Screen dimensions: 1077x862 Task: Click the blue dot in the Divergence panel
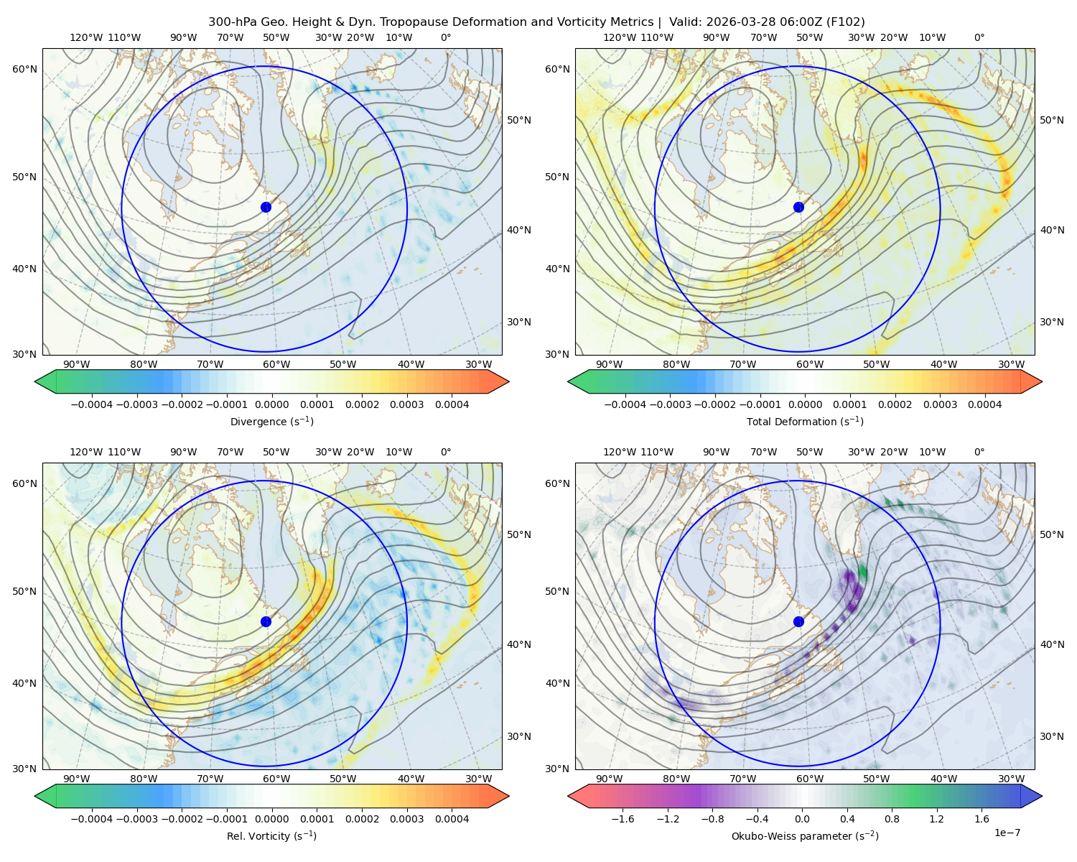[266, 207]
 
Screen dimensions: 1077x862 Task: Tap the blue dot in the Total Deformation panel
[798, 207]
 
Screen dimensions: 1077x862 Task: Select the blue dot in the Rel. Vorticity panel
[266, 621]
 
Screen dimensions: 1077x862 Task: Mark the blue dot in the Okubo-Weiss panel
[798, 621]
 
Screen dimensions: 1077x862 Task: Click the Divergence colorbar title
[271, 421]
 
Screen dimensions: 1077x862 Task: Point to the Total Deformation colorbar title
[805, 421]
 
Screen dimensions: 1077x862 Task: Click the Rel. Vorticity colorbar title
[271, 835]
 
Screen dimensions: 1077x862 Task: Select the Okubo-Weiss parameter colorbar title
[805, 835]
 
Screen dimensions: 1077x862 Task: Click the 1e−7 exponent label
[1007, 833]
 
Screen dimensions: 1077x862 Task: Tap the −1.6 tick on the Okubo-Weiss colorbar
[623, 818]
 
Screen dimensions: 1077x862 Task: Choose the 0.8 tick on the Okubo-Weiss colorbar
[892, 818]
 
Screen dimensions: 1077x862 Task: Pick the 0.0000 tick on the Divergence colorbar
[271, 404]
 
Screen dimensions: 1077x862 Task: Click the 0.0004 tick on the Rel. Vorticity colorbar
[452, 818]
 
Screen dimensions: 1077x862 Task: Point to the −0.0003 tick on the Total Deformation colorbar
[670, 404]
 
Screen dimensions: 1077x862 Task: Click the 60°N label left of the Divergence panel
[24, 69]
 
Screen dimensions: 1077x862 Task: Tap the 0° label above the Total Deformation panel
[979, 37]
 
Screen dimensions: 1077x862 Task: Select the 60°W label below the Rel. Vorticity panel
[276, 779]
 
